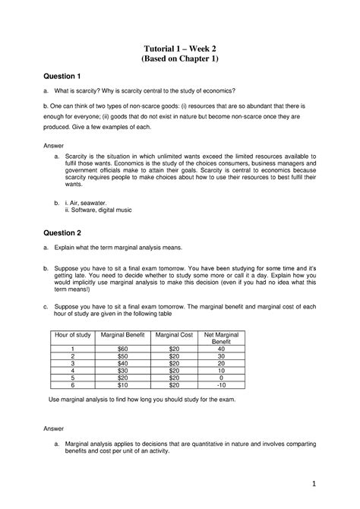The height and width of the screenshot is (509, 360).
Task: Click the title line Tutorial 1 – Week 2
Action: click(180, 49)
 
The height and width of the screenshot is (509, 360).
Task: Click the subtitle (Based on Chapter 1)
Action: click(180, 61)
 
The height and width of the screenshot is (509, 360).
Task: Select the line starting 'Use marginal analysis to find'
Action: click(142, 399)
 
